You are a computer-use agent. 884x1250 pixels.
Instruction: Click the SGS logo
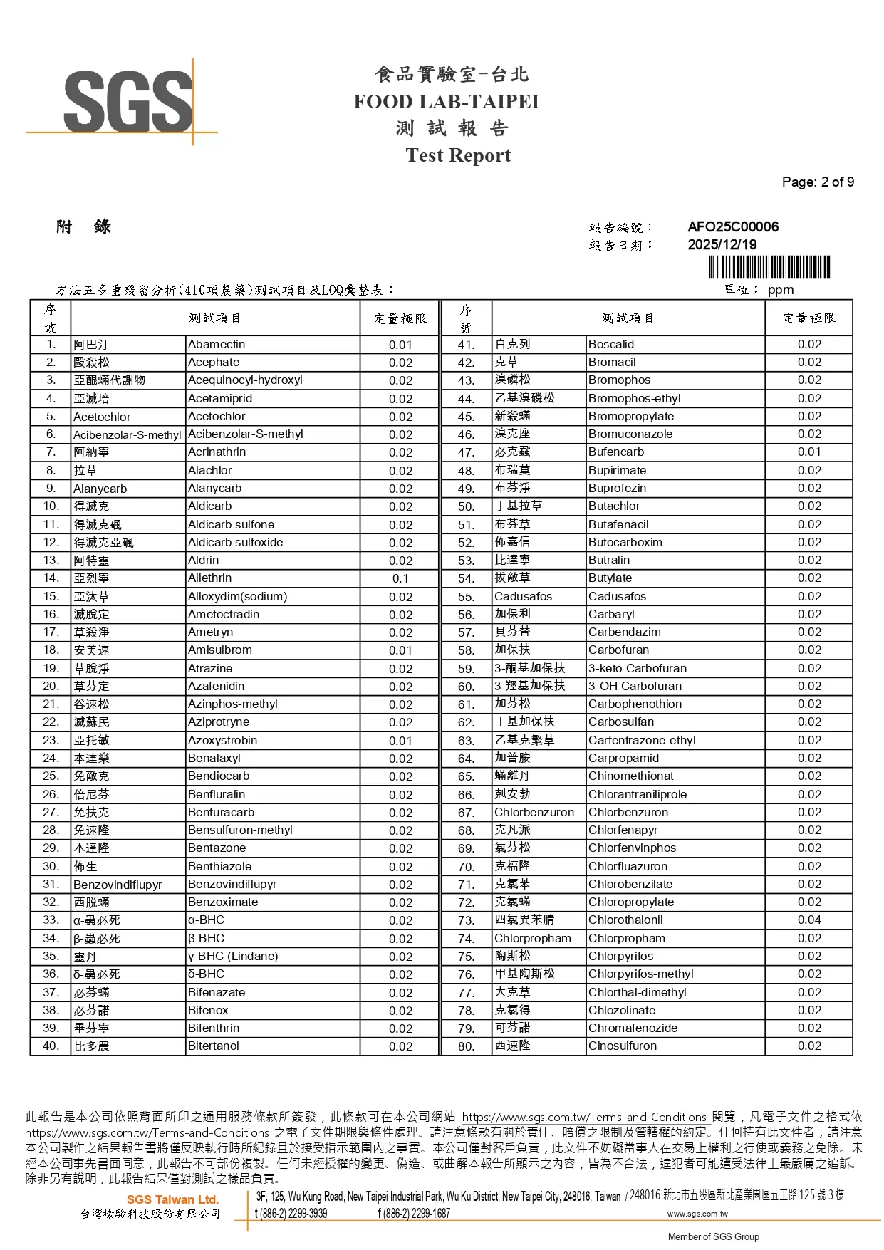tap(128, 101)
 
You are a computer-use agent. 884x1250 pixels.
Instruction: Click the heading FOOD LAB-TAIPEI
tap(446, 102)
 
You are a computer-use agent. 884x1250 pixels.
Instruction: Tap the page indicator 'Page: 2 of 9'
tap(817, 182)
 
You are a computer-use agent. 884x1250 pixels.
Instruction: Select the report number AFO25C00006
tap(732, 227)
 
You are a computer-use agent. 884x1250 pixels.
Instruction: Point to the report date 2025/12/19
tap(722, 244)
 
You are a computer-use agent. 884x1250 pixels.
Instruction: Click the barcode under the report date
tap(769, 267)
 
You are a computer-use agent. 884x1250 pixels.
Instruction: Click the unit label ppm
tap(780, 290)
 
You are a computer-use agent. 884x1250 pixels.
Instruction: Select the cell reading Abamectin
tap(217, 344)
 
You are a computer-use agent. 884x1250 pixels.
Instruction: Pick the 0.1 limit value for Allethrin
tap(400, 578)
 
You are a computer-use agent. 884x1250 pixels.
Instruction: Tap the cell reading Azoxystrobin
tap(222, 740)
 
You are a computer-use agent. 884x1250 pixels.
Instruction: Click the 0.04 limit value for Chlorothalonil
tap(809, 920)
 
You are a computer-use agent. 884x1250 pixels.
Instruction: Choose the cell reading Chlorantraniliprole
tap(637, 794)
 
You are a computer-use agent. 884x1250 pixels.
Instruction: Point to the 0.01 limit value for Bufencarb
tap(809, 452)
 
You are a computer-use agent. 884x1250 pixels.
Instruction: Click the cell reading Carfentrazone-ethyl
tap(641, 740)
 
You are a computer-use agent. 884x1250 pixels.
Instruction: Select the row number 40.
tap(51, 1046)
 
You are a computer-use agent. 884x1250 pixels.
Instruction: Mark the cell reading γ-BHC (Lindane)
tap(233, 956)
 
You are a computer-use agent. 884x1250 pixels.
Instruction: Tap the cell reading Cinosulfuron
tap(622, 1046)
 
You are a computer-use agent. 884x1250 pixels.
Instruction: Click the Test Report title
tap(458, 155)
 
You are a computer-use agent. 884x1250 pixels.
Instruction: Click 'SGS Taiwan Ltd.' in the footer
tap(172, 1199)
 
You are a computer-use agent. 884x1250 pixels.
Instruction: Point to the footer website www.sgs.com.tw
tap(697, 1214)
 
